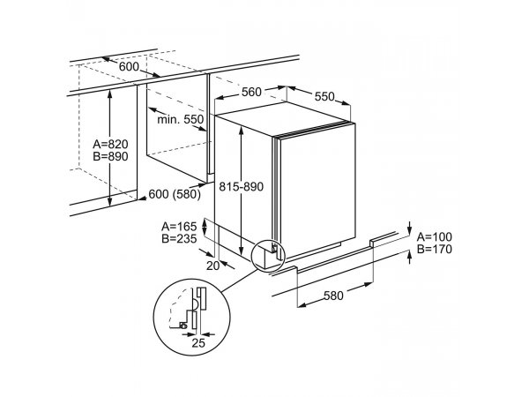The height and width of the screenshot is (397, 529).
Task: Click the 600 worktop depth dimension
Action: point(129,67)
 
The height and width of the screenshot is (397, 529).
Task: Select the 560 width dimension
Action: point(251,92)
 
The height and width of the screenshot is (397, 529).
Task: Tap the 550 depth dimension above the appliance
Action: point(324,96)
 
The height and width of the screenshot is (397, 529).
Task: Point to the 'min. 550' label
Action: point(181,119)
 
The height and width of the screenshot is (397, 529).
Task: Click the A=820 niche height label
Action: point(111,144)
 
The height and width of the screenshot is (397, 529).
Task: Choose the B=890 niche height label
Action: point(111,156)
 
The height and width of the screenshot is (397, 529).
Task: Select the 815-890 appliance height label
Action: point(241,186)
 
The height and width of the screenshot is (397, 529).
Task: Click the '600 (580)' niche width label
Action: point(175,194)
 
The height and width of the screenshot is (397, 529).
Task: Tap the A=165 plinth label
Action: point(179,226)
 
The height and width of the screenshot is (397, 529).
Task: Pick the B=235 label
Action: point(179,238)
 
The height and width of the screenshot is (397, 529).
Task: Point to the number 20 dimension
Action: point(212,266)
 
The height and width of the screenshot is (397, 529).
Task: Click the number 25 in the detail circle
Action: point(198,343)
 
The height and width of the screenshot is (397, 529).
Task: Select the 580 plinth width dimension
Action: point(333,296)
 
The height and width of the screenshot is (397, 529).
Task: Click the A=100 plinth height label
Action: point(434,236)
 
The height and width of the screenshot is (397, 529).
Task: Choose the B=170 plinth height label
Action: point(434,249)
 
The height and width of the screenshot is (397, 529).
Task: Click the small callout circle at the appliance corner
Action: point(269,255)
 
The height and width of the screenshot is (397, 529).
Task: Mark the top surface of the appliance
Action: point(283,118)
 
